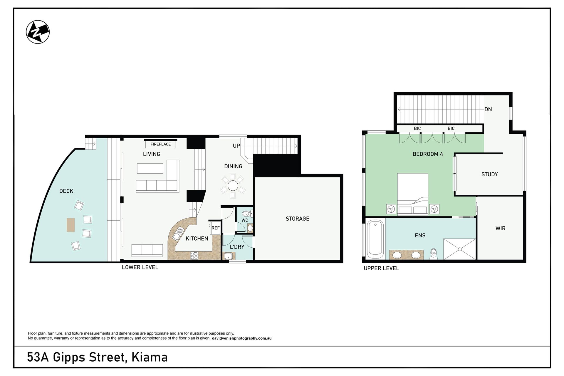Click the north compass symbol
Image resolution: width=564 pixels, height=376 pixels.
[38, 32]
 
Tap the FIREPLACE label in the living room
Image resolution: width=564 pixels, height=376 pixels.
[160, 144]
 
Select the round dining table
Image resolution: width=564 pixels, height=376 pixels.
[233, 186]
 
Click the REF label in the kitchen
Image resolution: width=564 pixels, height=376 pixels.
[216, 228]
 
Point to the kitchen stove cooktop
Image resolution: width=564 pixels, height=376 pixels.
[194, 256]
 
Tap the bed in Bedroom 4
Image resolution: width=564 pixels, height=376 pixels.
[412, 194]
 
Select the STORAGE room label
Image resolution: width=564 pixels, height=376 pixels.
[297, 219]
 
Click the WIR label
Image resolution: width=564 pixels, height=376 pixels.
[500, 228]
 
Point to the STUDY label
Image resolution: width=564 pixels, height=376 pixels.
[489, 174]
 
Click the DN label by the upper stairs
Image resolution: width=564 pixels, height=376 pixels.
[488, 109]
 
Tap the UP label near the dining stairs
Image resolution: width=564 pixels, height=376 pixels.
[236, 146]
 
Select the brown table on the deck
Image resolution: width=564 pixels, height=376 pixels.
[70, 225]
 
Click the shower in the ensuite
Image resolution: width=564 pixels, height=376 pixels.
[459, 249]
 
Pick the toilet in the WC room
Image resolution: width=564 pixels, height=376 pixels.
[246, 214]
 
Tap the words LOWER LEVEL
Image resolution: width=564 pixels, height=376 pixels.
[140, 267]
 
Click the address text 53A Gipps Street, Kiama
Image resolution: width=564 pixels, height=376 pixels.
[97, 357]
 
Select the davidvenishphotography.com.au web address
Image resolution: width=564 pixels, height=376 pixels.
[241, 338]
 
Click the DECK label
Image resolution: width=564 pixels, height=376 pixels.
[66, 191]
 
